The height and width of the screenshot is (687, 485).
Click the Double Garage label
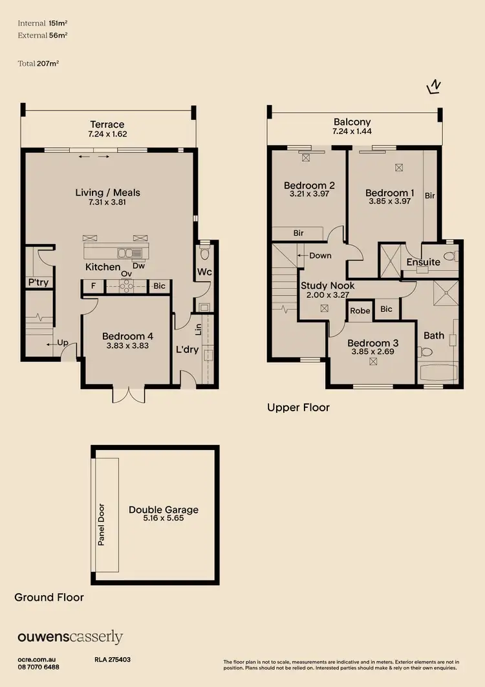[163, 510]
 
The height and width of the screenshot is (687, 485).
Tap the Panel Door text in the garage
[102, 524]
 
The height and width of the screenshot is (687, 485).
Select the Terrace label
[107, 124]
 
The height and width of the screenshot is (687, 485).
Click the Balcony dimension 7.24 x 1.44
[352, 131]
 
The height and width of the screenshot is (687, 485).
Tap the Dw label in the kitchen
[138, 265]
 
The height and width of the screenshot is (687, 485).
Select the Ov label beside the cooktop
[127, 274]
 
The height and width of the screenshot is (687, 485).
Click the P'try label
[38, 282]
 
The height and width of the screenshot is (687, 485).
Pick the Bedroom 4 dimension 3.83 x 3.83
[127, 346]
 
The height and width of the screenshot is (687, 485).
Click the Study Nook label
[327, 286]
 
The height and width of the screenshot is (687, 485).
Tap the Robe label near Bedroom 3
[360, 310]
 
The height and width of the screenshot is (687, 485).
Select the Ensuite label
[423, 262]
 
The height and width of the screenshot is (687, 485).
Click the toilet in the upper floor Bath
[426, 352]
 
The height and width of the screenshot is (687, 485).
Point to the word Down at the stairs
[320, 255]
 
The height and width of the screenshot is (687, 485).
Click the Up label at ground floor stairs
[63, 344]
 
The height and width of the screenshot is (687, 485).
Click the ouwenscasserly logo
[70, 637]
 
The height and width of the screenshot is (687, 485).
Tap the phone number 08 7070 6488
[38, 666]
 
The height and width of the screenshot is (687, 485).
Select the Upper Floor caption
[298, 407]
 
